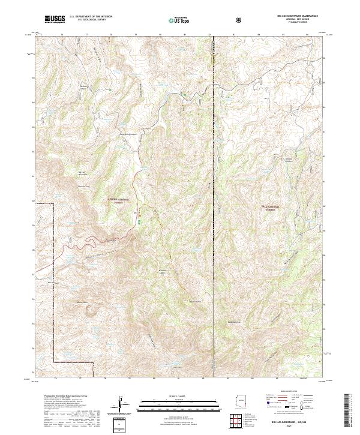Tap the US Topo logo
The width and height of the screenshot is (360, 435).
pyautogui.click(x=174, y=20)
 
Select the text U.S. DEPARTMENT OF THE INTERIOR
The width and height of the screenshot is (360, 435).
pyautogui.click(x=91, y=17)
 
